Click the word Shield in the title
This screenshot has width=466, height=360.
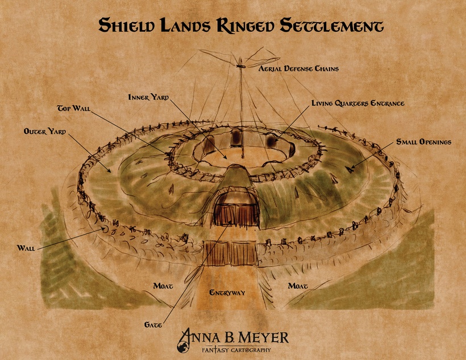pyautogui.click(x=127, y=26)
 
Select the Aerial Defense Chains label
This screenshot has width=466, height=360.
pyautogui.click(x=298, y=69)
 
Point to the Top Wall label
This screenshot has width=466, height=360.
pyautogui.click(x=74, y=107)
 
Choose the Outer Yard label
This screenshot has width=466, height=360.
pyautogui.click(x=45, y=131)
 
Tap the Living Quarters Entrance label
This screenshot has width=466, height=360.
pyautogui.click(x=357, y=104)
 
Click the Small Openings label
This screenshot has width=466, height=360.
pyautogui.click(x=423, y=142)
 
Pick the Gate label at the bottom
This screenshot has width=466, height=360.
pyautogui.click(x=153, y=324)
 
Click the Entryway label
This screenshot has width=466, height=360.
pyautogui.click(x=227, y=293)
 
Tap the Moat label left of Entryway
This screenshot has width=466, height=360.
pyautogui.click(x=163, y=286)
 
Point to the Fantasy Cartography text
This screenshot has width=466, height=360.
pyautogui.click(x=242, y=350)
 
